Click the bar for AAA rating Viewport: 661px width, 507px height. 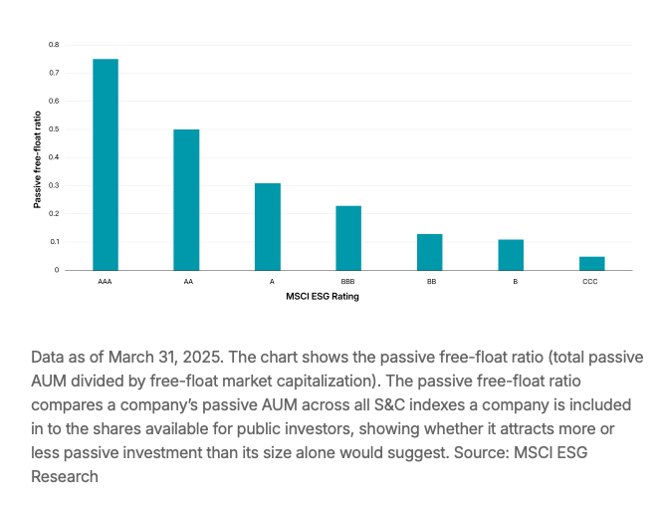tap(106, 164)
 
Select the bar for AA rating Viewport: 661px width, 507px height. tap(186, 199)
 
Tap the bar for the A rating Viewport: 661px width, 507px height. tap(268, 226)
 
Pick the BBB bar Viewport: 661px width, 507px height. tap(348, 238)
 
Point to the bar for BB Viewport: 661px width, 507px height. tap(430, 252)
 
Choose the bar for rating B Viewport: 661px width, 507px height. tap(511, 255)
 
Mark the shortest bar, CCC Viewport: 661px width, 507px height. tap(592, 263)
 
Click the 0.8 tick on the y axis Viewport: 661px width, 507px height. tap(54, 45)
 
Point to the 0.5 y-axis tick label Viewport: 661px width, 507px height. tap(54, 129)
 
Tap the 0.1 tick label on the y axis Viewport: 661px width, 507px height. tap(54, 242)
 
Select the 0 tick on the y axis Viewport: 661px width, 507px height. tap(57, 270)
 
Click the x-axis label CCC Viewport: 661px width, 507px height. tap(592, 283)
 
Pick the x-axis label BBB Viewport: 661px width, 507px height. tap(348, 283)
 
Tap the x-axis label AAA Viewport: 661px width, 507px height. tap(106, 283)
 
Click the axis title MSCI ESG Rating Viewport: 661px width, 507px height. tap(322, 296)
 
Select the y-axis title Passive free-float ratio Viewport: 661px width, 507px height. tap(37, 158)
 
